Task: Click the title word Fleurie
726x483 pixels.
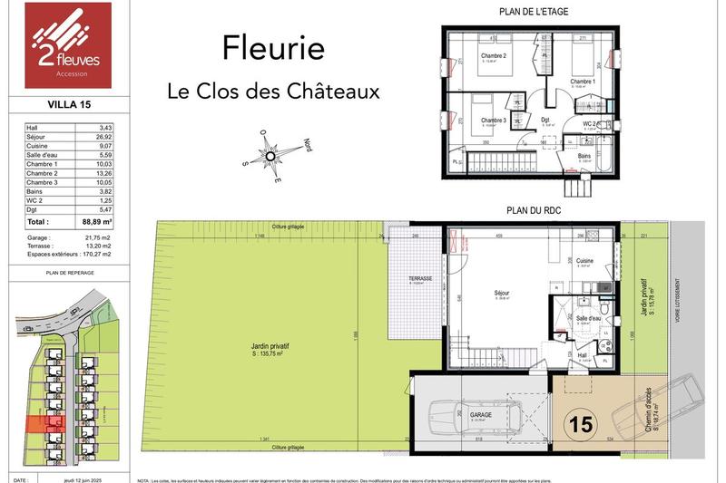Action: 273,49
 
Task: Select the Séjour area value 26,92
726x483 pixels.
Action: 103,139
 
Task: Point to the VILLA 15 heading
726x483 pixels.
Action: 46,105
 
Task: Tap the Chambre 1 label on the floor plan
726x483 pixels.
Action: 583,82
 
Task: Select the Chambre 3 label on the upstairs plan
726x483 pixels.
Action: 493,120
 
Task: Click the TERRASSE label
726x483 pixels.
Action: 419,278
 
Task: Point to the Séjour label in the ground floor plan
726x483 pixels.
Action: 502,294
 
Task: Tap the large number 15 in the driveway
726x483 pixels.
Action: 581,422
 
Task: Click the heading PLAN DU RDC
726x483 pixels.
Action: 533,209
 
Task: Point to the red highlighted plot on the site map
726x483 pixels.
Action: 41,423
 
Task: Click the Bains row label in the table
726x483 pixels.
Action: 36,191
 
